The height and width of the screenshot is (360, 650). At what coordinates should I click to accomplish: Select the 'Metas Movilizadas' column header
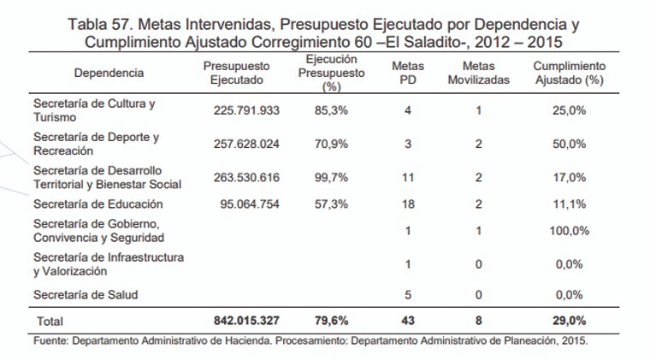coord(478,73)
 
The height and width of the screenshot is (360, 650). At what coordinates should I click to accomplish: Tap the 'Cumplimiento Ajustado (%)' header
coord(569,73)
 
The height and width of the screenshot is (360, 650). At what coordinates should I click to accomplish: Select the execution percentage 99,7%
coord(331,178)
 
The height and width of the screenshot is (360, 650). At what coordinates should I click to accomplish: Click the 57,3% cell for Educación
coord(331,205)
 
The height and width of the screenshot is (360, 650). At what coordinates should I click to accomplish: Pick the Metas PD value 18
coord(408,205)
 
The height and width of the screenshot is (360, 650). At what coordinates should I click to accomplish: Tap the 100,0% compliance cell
coord(569,232)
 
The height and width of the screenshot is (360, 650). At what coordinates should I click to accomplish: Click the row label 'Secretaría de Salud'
coord(86,295)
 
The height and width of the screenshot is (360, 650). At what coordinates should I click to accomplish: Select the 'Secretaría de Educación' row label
coord(97,205)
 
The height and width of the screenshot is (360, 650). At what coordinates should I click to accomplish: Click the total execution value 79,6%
coord(331,321)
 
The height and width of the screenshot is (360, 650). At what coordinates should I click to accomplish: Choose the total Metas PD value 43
coord(408,321)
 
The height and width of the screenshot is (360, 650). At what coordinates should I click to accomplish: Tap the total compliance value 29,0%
coord(569,321)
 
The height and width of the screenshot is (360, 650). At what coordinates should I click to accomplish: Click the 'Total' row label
coord(48,322)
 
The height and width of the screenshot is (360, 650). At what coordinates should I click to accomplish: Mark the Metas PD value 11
coord(408,178)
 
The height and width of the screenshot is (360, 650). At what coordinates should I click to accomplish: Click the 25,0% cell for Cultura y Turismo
coord(569,109)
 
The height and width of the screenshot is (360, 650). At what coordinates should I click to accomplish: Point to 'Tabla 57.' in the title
coord(101,23)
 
